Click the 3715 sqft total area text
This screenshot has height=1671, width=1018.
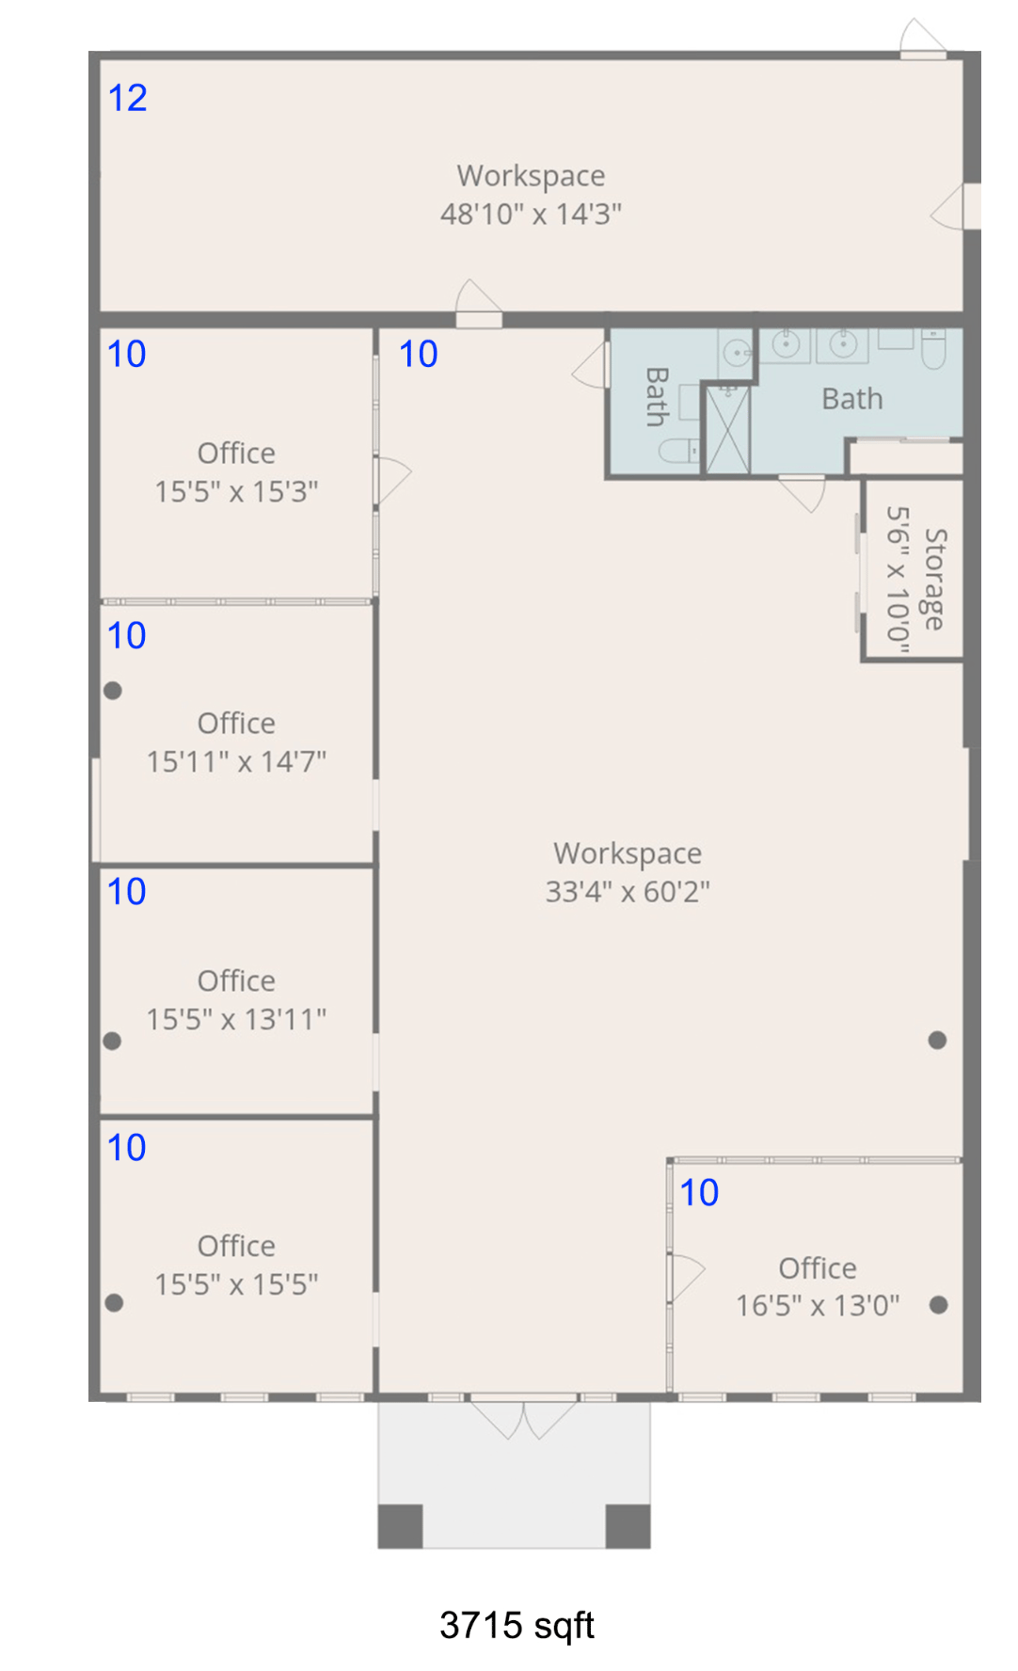pyautogui.click(x=517, y=1625)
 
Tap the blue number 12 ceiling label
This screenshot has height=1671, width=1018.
pyautogui.click(x=127, y=98)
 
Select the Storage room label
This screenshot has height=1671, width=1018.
pyautogui.click(x=935, y=579)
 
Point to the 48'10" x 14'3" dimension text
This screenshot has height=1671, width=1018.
pyautogui.click(x=531, y=215)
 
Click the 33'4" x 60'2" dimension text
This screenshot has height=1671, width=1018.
pyautogui.click(x=628, y=892)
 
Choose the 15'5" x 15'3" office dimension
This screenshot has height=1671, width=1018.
pyautogui.click(x=236, y=492)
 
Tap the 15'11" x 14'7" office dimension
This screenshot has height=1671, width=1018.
pyautogui.click(x=236, y=761)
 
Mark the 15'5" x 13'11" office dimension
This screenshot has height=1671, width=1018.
pyautogui.click(x=236, y=1019)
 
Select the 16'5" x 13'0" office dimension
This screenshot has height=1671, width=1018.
pyautogui.click(x=818, y=1306)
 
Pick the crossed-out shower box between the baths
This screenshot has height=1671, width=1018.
pyautogui.click(x=727, y=429)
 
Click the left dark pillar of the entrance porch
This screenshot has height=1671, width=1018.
pyautogui.click(x=400, y=1526)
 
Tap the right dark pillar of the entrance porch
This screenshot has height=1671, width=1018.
pyautogui.click(x=628, y=1526)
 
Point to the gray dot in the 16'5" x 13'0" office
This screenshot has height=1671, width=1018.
pyautogui.click(x=938, y=1305)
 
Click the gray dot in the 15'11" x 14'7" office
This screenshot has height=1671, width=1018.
pyautogui.click(x=113, y=691)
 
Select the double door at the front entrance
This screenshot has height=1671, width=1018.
pyautogui.click(x=523, y=1419)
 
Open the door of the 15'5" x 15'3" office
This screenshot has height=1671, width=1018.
pyautogui.click(x=392, y=480)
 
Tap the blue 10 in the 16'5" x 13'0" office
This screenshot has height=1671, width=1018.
pyautogui.click(x=699, y=1193)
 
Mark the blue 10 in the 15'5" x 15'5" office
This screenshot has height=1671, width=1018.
pyautogui.click(x=127, y=1148)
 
